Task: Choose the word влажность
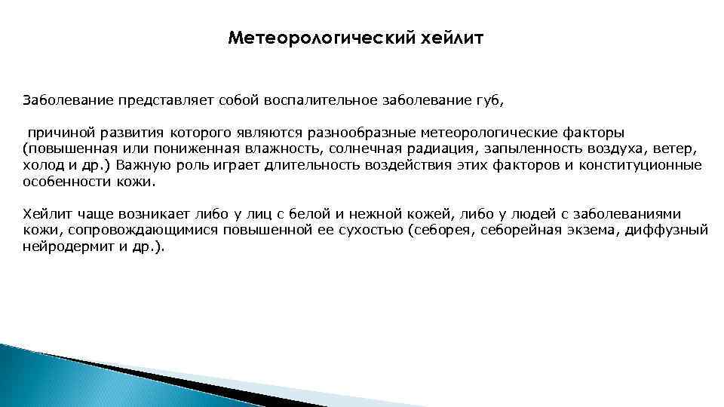point(287,149)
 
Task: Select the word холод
point(42,165)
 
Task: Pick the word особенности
point(67,181)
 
